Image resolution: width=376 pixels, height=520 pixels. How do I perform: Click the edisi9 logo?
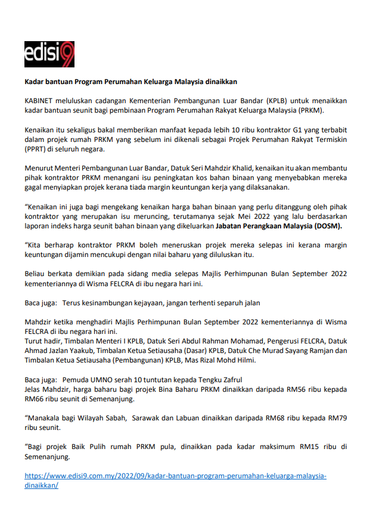[x=49, y=54]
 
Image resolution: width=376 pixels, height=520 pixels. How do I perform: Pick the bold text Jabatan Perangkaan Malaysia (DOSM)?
[x=283, y=226]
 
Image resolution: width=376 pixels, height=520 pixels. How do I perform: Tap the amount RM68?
[x=285, y=417]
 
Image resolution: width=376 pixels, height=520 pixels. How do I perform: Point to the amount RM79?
[x=337, y=417]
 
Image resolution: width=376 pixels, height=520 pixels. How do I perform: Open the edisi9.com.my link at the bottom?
[x=175, y=476]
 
